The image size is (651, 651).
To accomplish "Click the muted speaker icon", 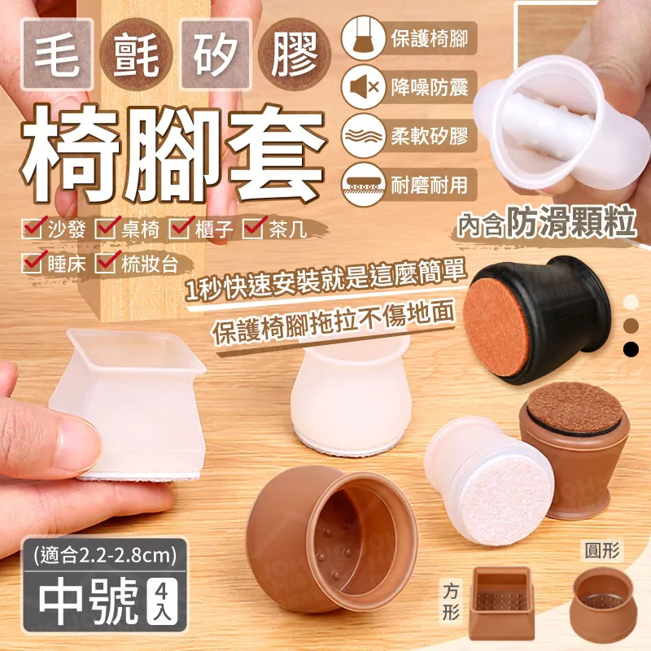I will [363, 87].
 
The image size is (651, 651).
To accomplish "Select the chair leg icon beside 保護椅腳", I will [363, 39].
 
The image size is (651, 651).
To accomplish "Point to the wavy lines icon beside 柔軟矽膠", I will [363, 134].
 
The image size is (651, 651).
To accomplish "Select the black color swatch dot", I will [632, 349].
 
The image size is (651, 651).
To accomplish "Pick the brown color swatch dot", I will [632, 325].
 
